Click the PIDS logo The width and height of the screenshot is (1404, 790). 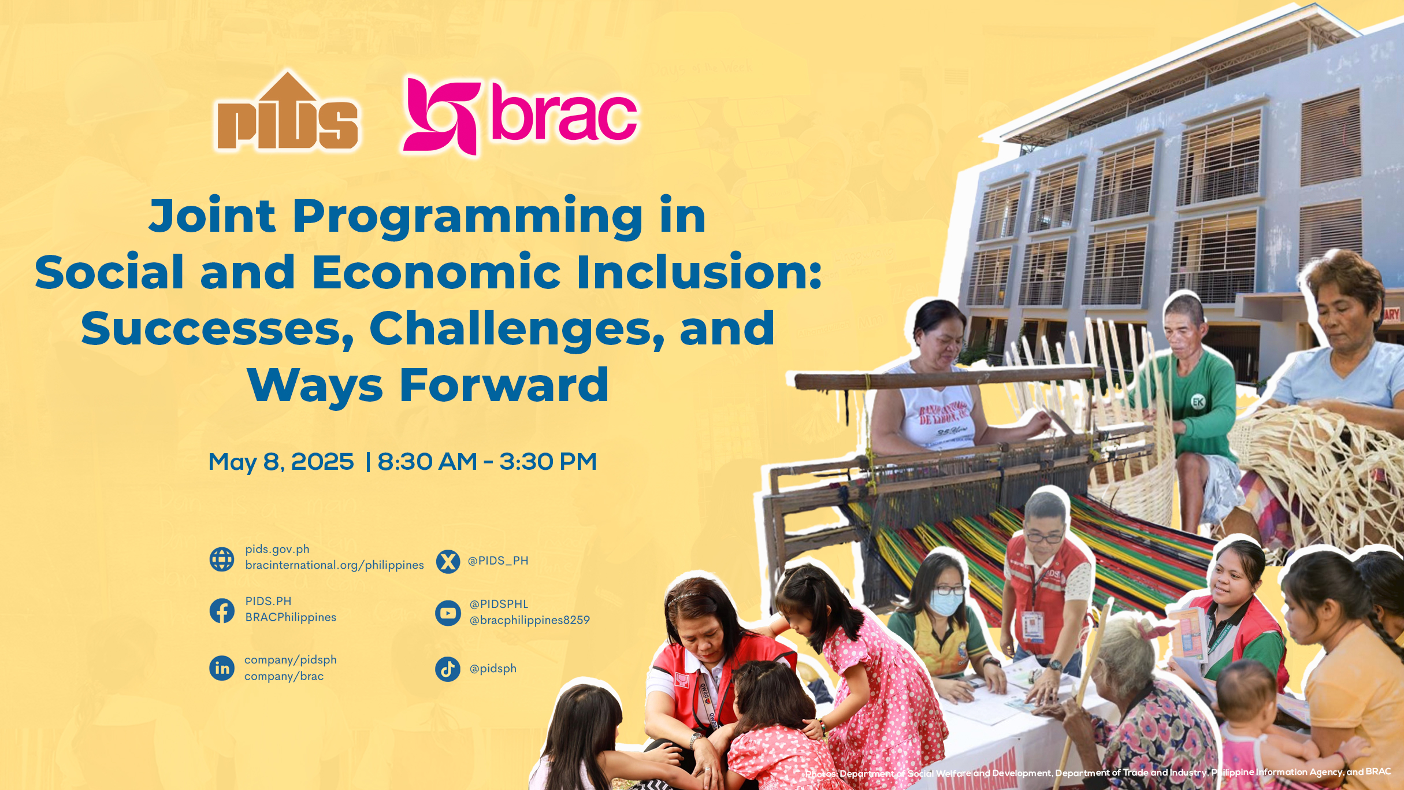pyautogui.click(x=287, y=112)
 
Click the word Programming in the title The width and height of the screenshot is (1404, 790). pyautogui.click(x=467, y=217)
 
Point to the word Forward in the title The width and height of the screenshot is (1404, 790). pyautogui.click(x=504, y=385)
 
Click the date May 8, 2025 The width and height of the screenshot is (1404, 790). pyautogui.click(x=281, y=462)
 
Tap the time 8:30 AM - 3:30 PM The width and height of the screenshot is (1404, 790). pyautogui.click(x=487, y=462)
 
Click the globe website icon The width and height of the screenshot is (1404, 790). pyautogui.click(x=222, y=559)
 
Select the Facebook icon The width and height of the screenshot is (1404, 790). pyautogui.click(x=222, y=611)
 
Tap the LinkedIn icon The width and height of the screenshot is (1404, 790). pyautogui.click(x=222, y=668)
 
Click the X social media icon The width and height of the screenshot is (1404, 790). pyautogui.click(x=448, y=561)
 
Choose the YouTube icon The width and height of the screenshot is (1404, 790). pyautogui.click(x=448, y=613)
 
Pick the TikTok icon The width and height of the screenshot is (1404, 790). pyautogui.click(x=448, y=669)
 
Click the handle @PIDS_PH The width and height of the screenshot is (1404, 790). pyautogui.click(x=498, y=561)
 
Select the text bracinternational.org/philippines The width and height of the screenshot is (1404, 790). pyautogui.click(x=335, y=565)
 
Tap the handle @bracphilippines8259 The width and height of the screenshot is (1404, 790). pyautogui.click(x=530, y=620)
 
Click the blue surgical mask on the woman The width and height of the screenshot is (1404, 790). pyautogui.click(x=946, y=603)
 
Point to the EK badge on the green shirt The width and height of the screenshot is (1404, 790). pyautogui.click(x=1198, y=401)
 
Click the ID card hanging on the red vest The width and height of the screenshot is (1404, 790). pyautogui.click(x=1032, y=626)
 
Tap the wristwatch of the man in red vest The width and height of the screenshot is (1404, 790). pyautogui.click(x=1055, y=666)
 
